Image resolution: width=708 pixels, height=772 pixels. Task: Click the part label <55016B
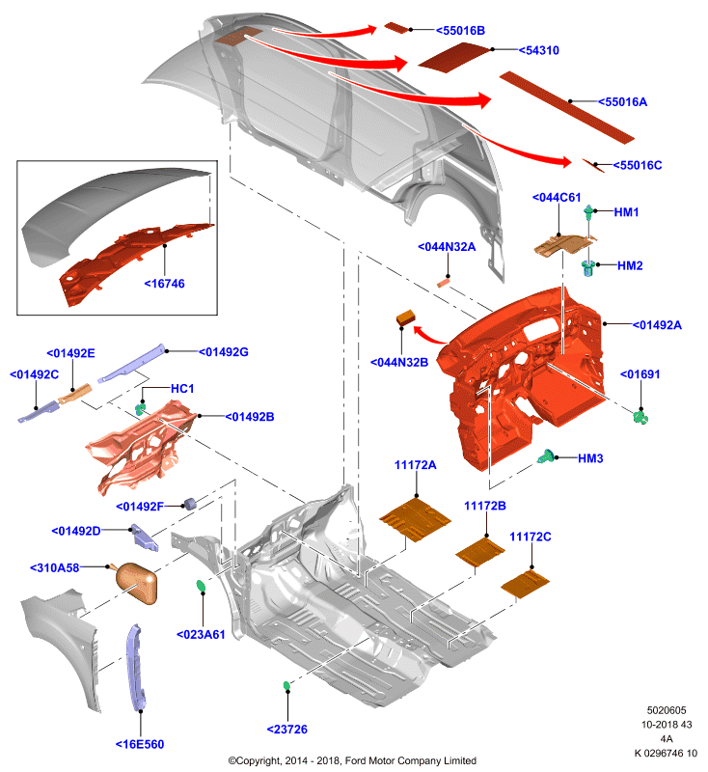pos(460,31)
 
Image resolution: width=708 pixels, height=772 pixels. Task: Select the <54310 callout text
pos(539,50)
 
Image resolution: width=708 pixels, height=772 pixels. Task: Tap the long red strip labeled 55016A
pos(567,107)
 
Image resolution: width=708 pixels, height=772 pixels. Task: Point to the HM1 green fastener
pos(588,212)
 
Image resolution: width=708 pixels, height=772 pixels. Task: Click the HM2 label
pos(630,266)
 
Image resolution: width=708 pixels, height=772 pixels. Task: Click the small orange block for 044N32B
pos(406,317)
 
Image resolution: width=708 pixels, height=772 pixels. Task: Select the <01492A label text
pos(656,325)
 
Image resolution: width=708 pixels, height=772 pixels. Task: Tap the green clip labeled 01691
pos(640,417)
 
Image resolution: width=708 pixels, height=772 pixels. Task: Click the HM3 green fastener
pos(545,456)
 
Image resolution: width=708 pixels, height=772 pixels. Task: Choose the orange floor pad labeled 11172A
pos(415,519)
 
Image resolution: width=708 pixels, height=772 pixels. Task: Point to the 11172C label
pos(530,537)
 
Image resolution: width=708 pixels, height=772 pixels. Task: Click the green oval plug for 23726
pos(286,685)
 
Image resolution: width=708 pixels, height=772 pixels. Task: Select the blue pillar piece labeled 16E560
pos(135,667)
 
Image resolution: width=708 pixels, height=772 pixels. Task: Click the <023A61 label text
pos(201,635)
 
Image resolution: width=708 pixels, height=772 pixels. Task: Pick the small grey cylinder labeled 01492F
pos(189,503)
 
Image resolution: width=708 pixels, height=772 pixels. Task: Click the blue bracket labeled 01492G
pos(131,364)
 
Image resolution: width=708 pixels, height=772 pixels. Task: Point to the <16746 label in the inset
pos(164,284)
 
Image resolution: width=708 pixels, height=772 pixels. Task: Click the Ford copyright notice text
pos(352,760)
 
